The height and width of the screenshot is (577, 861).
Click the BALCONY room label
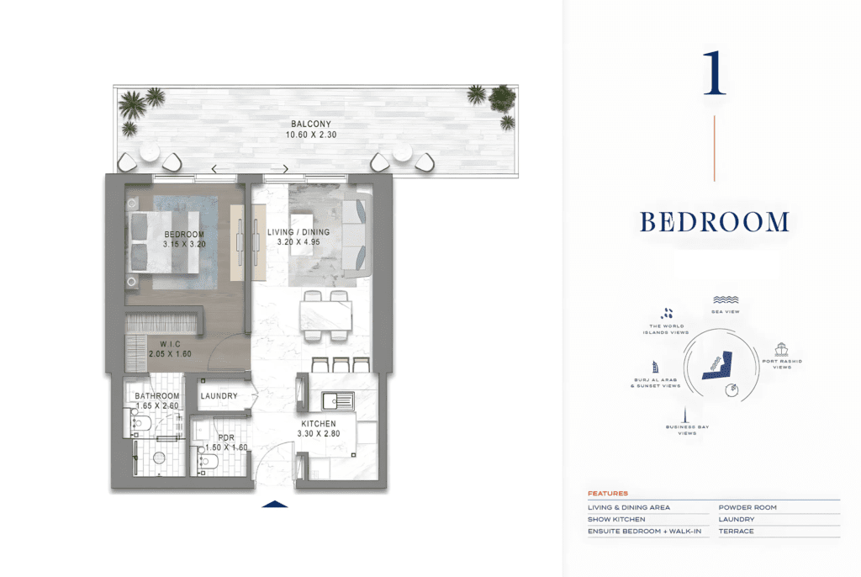311,124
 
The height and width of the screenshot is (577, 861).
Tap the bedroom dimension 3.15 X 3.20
184,244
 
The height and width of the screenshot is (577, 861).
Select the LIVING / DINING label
298,232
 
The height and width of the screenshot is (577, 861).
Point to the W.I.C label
170,344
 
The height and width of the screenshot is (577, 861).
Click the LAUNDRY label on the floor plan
219,395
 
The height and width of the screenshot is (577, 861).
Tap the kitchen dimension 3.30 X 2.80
319,433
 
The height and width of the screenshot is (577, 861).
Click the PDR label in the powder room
226,438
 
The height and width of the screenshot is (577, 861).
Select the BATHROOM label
157,395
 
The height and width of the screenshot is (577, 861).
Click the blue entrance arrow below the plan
275,504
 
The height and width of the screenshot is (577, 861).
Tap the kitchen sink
338,401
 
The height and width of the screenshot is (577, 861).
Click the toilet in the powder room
209,461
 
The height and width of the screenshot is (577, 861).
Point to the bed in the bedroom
164,242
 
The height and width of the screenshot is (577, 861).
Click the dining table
325,315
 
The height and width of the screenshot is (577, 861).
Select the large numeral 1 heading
715,73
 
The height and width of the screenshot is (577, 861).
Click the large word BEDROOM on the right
715,222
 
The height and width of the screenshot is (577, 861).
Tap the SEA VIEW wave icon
726,300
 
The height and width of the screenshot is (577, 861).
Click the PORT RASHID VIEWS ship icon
781,350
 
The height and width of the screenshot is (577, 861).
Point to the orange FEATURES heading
608,494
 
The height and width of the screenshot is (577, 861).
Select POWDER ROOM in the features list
747,508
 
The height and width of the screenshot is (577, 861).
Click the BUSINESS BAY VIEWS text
688,430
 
